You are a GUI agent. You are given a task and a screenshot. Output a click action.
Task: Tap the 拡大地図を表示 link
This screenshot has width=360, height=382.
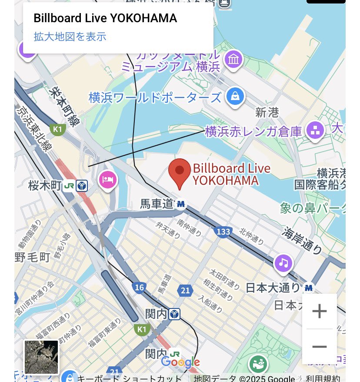coord(70,37)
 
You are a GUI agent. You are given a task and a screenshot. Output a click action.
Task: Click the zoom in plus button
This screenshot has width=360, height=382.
coord(320,311)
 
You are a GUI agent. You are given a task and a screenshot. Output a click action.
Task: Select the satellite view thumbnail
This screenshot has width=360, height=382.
coord(41,357)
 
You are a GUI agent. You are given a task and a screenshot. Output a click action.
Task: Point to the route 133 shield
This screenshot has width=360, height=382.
coord(223,231)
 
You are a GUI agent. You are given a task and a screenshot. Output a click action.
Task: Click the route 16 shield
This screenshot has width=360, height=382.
coord(140,288)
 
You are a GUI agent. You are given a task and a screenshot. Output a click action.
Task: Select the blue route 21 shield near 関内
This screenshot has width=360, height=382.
coord(185,291)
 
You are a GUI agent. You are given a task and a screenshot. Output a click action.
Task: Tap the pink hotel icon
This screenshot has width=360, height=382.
coord(108,179)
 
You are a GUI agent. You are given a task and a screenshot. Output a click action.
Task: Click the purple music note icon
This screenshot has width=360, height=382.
coord(283,262)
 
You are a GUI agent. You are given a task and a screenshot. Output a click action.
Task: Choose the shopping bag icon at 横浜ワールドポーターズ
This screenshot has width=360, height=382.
coord(235,96)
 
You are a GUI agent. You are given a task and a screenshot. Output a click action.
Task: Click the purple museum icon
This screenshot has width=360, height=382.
coord(234,59)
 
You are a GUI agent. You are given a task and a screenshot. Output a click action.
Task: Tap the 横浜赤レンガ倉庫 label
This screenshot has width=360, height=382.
coord(253,131)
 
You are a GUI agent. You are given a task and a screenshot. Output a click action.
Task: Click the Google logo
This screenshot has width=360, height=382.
coord(180,362)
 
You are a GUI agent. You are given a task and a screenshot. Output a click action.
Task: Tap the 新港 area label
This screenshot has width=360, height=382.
coord(267,113)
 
